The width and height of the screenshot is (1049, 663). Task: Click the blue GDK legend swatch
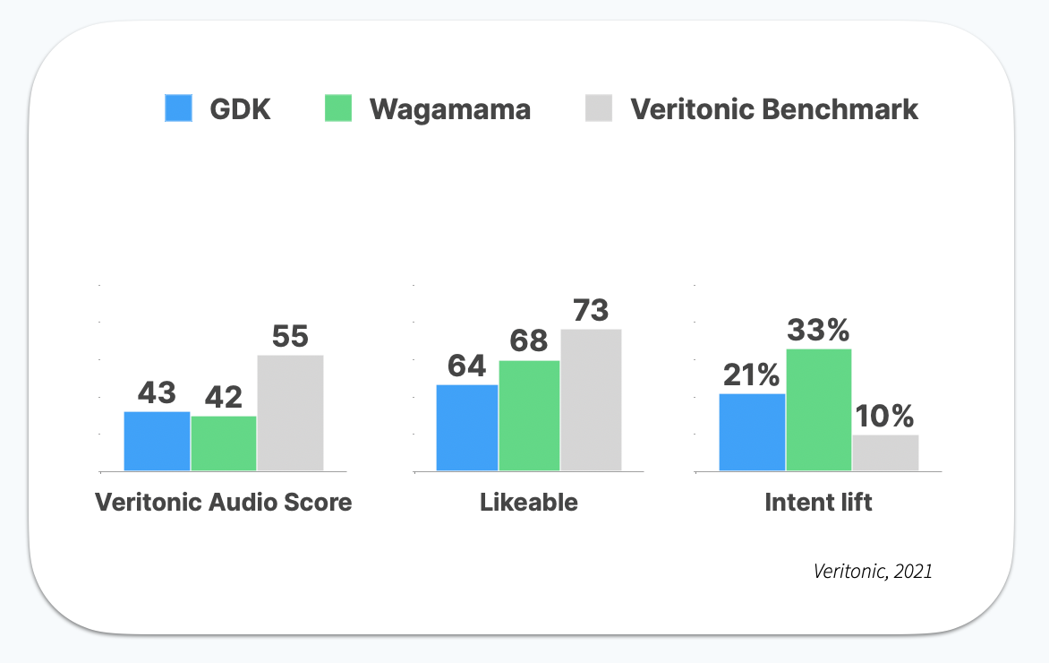click(179, 108)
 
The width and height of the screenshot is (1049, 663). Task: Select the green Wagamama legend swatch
click(337, 108)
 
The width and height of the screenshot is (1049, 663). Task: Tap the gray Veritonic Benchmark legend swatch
click(598, 108)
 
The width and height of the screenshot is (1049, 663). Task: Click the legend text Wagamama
click(450, 109)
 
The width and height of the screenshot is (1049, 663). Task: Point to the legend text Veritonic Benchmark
click(774, 109)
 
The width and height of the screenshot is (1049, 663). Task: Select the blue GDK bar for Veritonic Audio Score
click(157, 441)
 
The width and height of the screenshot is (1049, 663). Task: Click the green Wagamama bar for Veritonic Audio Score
click(224, 443)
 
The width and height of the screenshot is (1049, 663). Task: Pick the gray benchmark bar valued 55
click(290, 413)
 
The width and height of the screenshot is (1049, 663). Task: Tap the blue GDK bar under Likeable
click(467, 427)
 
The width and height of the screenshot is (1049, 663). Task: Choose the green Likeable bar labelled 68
click(529, 416)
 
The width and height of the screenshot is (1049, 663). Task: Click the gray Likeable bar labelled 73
click(591, 400)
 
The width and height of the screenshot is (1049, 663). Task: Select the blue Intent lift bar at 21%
click(752, 432)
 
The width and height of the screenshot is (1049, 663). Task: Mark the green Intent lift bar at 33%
click(818, 409)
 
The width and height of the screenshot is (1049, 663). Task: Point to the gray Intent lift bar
click(885, 452)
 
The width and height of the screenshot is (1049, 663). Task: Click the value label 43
click(157, 392)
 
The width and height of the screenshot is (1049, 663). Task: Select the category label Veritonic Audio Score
click(224, 503)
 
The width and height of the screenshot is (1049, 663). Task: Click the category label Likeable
click(529, 503)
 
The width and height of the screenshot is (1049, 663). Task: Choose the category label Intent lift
click(818, 503)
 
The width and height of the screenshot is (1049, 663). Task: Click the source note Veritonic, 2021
click(873, 571)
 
